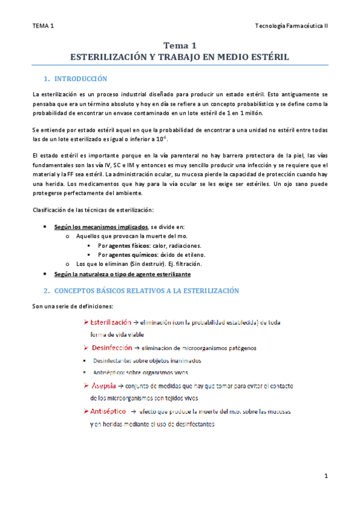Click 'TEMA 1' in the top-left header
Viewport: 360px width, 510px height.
pos(43,25)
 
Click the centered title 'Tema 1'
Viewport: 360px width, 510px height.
pos(180,45)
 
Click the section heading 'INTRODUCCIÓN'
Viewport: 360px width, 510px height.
pos(80,79)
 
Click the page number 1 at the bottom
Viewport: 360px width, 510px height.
pos(325,476)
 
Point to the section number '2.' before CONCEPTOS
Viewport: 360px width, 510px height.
pos(46,290)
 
